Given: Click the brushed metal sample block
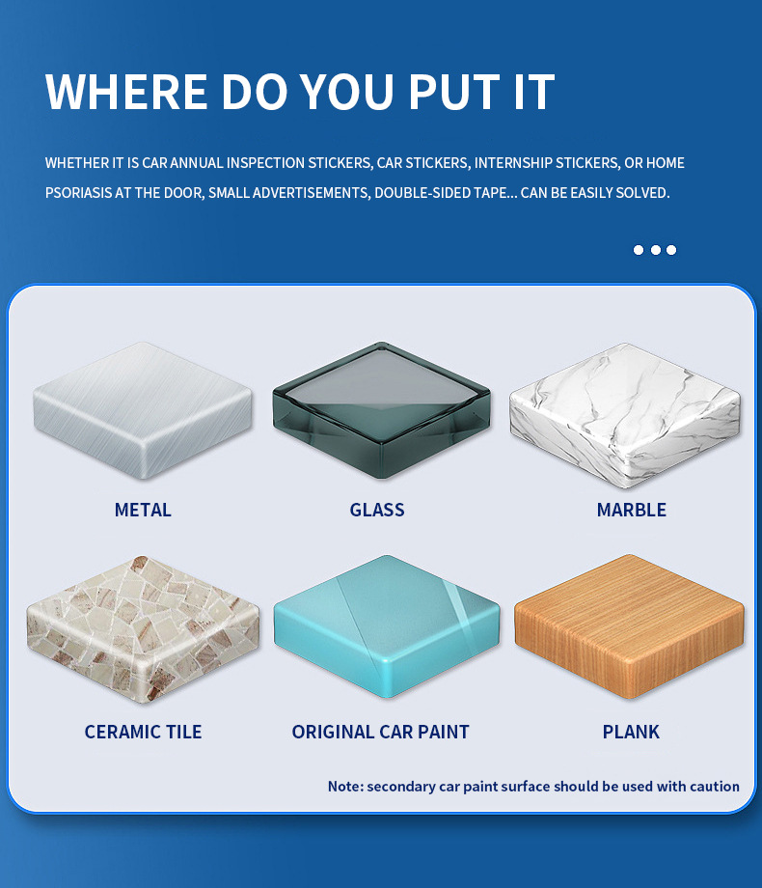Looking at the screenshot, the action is coord(143,410).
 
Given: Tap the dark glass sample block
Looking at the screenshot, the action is coord(382,410).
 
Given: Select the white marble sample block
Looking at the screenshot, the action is coord(625,416).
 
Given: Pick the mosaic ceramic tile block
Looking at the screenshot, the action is coord(143,629).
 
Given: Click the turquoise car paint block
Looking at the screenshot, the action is coord(387,626).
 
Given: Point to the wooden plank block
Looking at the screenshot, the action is coord(629,626).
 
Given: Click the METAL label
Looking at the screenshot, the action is coord(143,510).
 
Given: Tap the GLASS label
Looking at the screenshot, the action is coord(377,510).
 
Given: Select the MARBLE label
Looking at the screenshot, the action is coord(631,510).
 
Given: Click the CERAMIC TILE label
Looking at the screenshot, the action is coord(143,732).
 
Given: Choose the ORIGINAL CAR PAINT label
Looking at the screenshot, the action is coord(380,732).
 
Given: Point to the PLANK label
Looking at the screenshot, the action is coord(631,732).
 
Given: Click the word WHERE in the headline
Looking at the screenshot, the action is coord(126,92).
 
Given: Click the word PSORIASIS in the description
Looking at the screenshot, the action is coord(79,193).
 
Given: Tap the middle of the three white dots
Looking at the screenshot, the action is coord(656,250).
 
